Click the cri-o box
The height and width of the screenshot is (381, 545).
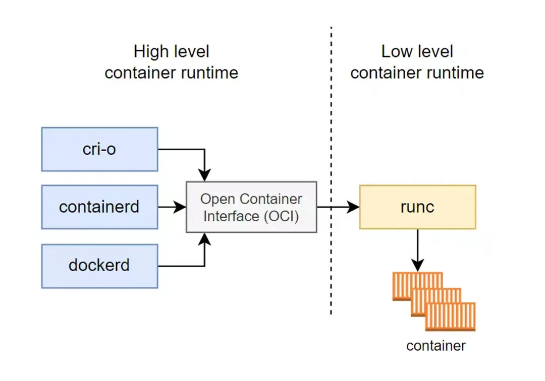coord(100,149)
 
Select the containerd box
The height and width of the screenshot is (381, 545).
coord(100,207)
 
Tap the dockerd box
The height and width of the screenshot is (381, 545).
coord(100,266)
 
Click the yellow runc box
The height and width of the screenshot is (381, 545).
coord(417,207)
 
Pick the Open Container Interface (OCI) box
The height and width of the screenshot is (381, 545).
coord(251,207)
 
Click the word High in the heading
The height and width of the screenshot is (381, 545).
coord(151,52)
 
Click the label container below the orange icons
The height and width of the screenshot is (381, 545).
coord(436,346)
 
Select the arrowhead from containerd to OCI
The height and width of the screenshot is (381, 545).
coord(180,207)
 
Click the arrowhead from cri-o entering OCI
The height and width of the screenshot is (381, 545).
coord(205,175)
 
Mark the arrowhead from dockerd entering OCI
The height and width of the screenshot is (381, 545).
coord(205,239)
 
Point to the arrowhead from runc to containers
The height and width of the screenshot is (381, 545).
coord(417,266)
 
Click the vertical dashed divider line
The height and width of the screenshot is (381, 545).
coord(331,171)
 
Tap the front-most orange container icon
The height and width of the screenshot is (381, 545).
coord(451,316)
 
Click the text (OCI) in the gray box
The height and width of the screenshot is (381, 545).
coord(281,216)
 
